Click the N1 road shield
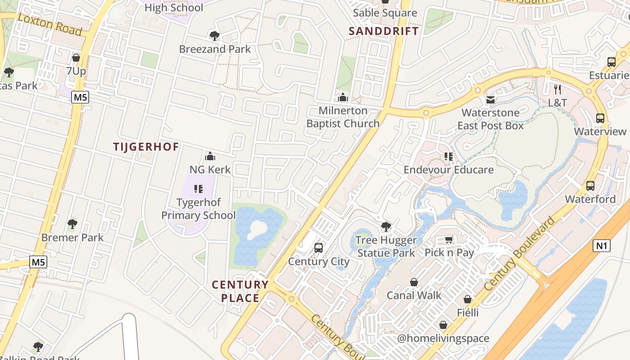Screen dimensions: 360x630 (x=601, y=246)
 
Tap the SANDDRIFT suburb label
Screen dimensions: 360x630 (x=384, y=31)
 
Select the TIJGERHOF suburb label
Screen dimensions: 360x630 (x=146, y=147)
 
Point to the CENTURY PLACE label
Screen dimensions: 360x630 (x=240, y=291)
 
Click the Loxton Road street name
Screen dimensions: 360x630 (x=50, y=24)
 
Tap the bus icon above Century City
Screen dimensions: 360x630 (x=319, y=247)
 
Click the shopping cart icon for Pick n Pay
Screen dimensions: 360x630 (x=449, y=239)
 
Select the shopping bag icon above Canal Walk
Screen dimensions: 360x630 (x=414, y=282)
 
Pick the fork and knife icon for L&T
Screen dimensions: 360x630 (x=558, y=89)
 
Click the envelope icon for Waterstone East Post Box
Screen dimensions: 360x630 (x=490, y=99)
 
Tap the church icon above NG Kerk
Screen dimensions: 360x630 (x=210, y=156)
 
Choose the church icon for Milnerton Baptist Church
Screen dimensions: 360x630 (x=343, y=97)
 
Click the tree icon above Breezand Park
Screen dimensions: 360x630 (x=215, y=36)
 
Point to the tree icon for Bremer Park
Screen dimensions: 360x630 (x=72, y=224)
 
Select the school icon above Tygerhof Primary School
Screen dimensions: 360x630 (x=198, y=189)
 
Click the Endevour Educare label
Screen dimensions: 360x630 (x=448, y=170)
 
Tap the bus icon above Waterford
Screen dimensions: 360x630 (x=590, y=185)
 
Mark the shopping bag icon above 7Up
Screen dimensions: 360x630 (x=76, y=58)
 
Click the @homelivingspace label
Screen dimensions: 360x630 (x=443, y=338)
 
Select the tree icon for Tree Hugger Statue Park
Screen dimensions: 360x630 (x=386, y=226)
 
